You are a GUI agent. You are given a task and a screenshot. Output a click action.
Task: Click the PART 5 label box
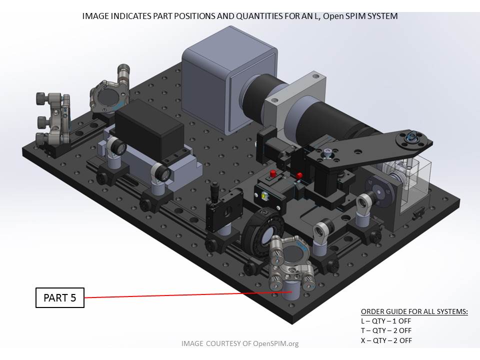pos(60,298)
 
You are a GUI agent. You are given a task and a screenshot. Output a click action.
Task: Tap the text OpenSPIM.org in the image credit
pos(276,343)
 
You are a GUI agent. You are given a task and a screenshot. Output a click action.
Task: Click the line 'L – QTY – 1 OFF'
pos(385,321)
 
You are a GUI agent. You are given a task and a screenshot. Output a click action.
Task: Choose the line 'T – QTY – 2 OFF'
pos(386,330)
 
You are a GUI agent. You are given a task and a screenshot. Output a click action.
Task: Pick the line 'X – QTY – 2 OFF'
pos(386,340)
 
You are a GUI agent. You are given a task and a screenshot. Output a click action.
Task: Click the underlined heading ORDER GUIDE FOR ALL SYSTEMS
pos(414,311)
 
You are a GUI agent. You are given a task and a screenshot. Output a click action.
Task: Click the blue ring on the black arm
pos(411,135)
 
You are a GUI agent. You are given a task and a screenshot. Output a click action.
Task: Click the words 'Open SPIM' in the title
pos(342,16)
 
